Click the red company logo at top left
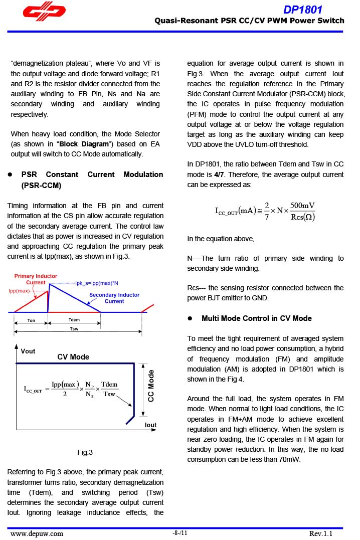(44, 14)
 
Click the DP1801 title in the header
(302, 10)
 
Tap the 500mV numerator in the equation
(302, 206)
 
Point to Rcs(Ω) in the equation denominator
(303, 217)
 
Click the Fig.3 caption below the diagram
(85, 452)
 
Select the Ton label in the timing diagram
(31, 320)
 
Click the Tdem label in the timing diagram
(74, 320)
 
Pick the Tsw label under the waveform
(74, 329)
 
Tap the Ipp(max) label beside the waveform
(19, 291)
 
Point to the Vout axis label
(29, 351)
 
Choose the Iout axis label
(150, 425)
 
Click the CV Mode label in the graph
(73, 357)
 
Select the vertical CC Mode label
(151, 386)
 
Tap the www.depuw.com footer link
(37, 533)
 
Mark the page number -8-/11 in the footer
(179, 533)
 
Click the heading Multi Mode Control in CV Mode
(256, 318)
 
